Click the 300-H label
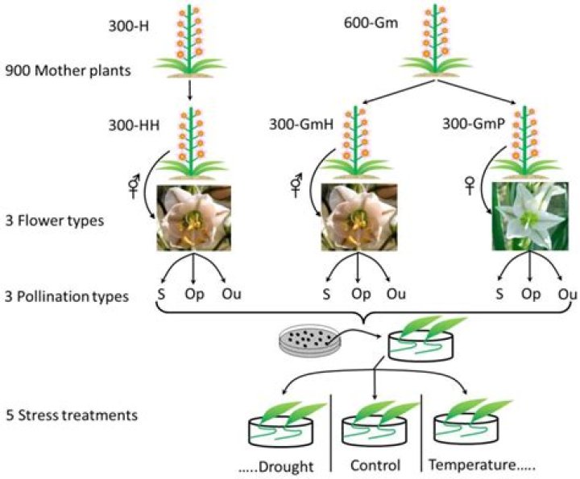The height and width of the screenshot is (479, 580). [129, 27]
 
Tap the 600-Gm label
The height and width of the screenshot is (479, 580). [371, 23]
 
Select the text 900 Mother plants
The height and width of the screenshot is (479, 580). [68, 70]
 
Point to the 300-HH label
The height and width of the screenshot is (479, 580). [134, 126]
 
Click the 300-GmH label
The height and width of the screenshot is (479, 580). [301, 125]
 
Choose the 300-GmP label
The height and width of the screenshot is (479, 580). [474, 124]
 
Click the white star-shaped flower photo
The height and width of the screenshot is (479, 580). [530, 217]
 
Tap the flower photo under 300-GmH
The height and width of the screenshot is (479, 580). [358, 217]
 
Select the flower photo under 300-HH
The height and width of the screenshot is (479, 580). [194, 218]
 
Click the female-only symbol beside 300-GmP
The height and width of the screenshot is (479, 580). [470, 185]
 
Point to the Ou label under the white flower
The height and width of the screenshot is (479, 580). [567, 294]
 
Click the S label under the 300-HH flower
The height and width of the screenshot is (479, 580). [161, 294]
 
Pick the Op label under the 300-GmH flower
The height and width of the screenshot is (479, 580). [361, 295]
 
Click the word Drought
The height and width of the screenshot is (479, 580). [286, 467]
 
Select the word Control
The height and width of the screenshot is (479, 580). [375, 465]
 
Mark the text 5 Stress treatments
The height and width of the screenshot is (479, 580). [72, 415]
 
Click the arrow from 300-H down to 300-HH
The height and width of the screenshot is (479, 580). [190, 90]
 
